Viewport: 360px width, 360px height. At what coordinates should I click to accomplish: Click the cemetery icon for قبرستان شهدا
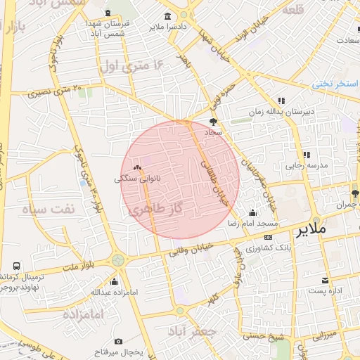pyautogui.click(x=107, y=13)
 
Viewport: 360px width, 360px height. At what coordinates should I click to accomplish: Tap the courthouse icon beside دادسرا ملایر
pyautogui.click(x=167, y=17)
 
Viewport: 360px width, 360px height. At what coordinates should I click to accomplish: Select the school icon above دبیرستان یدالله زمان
pyautogui.click(x=281, y=101)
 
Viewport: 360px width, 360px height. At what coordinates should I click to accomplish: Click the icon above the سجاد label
pyautogui.click(x=213, y=121)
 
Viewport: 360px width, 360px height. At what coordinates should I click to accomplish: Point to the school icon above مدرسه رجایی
pyautogui.click(x=306, y=155)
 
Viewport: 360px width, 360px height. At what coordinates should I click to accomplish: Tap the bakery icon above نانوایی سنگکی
pyautogui.click(x=137, y=168)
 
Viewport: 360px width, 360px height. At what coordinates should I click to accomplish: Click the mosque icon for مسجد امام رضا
pyautogui.click(x=252, y=213)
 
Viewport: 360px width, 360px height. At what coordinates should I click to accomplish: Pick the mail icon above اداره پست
pyautogui.click(x=325, y=281)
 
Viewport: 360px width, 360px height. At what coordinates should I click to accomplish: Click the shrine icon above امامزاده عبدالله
pyautogui.click(x=115, y=282)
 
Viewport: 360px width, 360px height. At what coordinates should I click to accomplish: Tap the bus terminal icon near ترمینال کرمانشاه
pyautogui.click(x=16, y=267)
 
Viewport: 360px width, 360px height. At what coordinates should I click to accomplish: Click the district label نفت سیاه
pyautogui.click(x=48, y=210)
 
